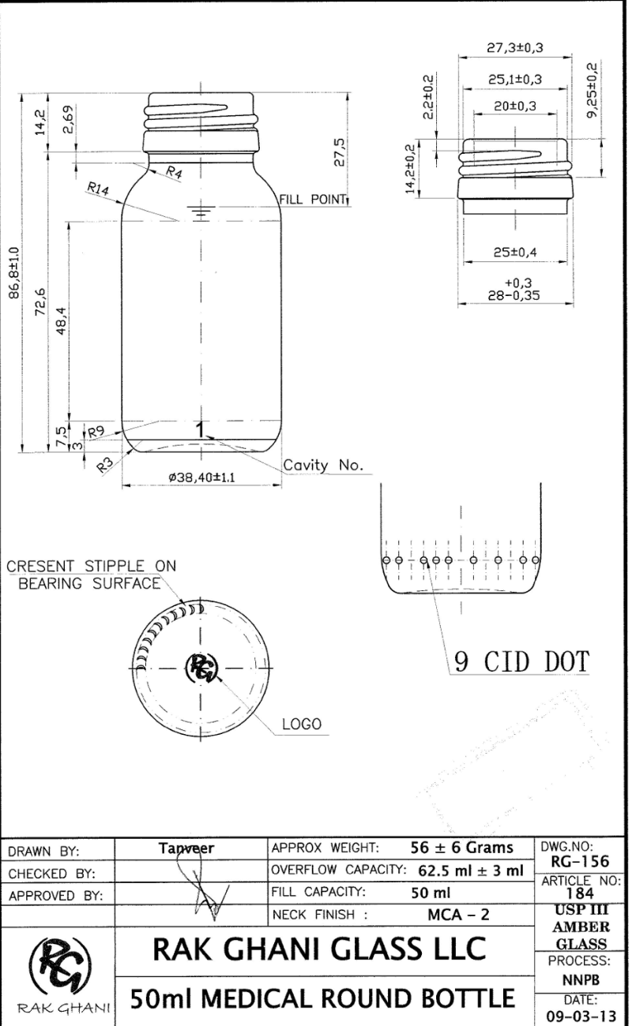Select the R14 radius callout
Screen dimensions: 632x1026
tap(98, 189)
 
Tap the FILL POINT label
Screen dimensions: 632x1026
tap(313, 199)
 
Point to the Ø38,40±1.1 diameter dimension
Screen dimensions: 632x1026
tap(201, 477)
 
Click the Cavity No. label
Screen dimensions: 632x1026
tap(323, 465)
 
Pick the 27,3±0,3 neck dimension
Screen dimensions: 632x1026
tap(515, 47)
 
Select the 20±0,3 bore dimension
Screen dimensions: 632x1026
tap(515, 107)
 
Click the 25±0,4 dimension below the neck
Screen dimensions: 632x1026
tap(515, 252)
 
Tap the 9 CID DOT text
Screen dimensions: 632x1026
tap(521, 662)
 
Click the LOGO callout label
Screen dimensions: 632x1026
tap(302, 725)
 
